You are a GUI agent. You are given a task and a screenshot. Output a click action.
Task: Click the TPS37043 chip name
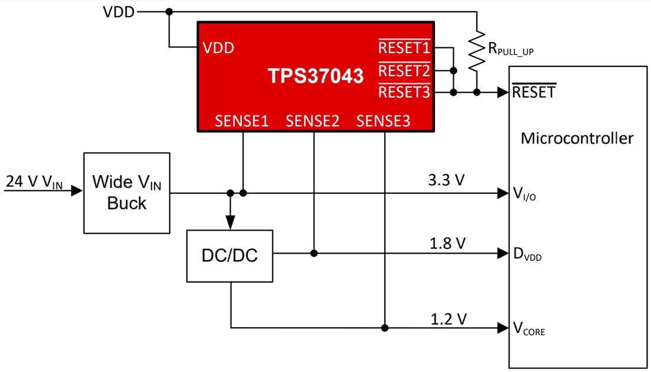point(315,76)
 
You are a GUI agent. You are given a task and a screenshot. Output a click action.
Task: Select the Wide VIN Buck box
point(127,193)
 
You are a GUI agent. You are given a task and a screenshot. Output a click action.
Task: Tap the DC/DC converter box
point(230,256)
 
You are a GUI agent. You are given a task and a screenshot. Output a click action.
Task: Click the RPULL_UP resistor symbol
point(476,52)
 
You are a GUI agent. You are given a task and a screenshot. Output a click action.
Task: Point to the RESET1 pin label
point(404,48)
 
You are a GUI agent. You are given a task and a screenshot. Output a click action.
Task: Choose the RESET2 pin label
point(404,71)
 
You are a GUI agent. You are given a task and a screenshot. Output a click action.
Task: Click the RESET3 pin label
point(404,92)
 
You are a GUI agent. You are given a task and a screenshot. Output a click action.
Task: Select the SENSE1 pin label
point(241,121)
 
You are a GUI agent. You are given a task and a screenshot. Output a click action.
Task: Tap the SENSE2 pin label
point(312,121)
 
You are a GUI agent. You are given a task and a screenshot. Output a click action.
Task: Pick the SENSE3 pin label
point(383,121)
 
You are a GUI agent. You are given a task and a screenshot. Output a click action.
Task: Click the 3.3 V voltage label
point(447,180)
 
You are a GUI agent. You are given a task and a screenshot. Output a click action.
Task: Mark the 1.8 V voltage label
point(447,242)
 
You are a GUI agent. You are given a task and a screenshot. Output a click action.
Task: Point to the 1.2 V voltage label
point(448,319)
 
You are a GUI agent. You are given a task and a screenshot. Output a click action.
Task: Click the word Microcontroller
point(577,138)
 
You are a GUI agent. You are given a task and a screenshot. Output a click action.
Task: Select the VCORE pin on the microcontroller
point(528,329)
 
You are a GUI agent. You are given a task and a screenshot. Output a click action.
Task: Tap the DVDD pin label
point(527,255)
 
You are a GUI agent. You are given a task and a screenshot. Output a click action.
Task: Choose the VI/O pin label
point(524,193)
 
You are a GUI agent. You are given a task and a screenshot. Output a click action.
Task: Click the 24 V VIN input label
point(34,182)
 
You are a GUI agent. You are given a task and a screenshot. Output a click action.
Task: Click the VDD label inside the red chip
point(218,48)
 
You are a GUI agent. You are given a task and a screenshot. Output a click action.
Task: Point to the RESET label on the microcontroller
point(534,92)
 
